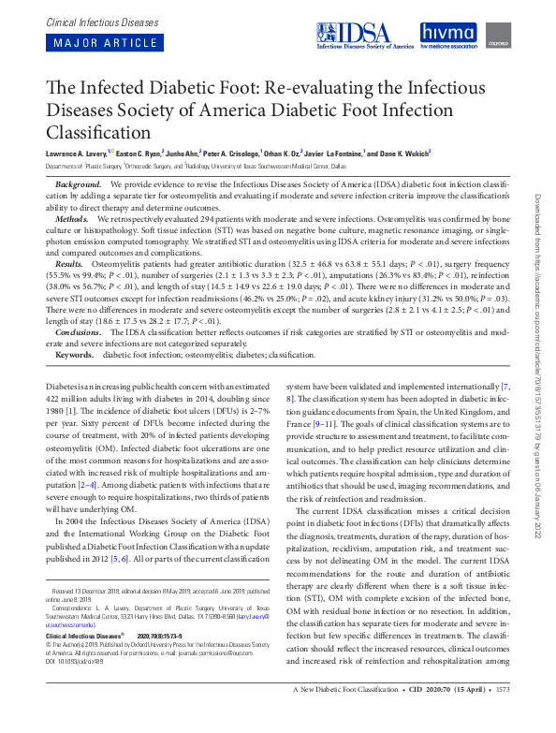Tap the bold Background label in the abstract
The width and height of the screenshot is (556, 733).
point(79,185)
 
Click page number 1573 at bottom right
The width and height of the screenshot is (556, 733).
point(528,716)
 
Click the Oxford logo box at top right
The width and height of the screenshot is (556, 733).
point(496,36)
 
